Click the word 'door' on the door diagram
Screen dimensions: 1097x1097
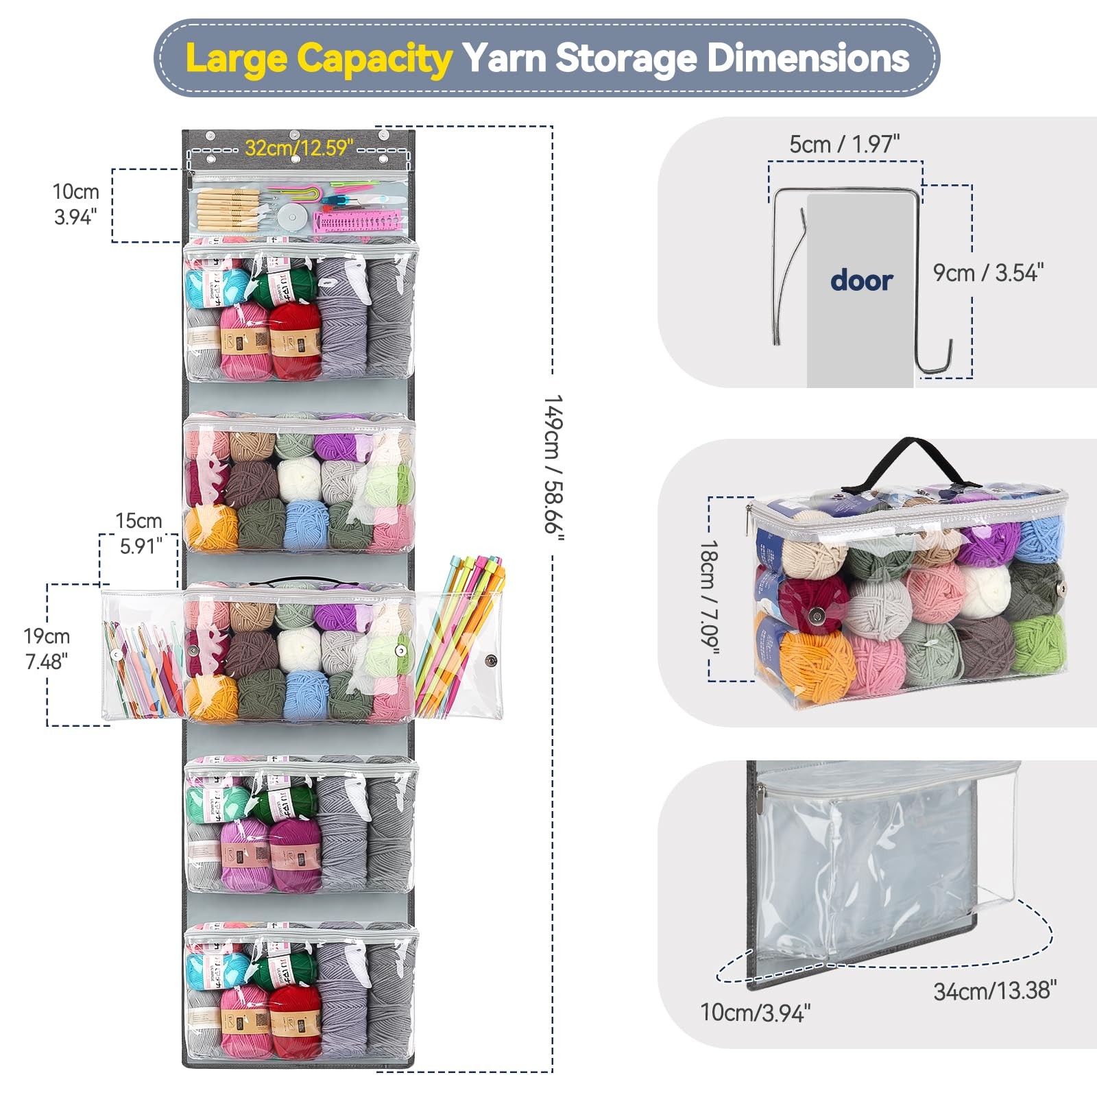tap(861, 281)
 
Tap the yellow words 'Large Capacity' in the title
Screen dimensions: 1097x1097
tap(318, 58)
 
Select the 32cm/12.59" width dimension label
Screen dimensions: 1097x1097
tap(300, 148)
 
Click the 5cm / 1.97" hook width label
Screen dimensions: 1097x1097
tap(844, 145)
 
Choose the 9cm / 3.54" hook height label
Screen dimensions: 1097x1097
tap(988, 273)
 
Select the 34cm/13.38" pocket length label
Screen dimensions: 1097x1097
tap(994, 991)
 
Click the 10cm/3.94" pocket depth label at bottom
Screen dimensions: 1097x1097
tap(755, 1013)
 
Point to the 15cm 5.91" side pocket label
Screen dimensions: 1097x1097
tap(139, 533)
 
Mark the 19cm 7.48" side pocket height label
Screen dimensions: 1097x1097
tap(47, 649)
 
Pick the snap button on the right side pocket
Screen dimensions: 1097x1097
tap(491, 661)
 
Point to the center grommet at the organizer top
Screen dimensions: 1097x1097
tap(295, 134)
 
